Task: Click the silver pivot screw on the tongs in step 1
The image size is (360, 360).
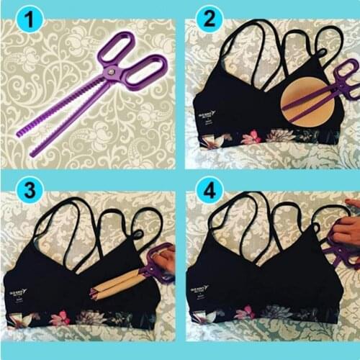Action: coord(111,73)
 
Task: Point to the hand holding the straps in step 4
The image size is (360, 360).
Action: coord(346,230)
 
